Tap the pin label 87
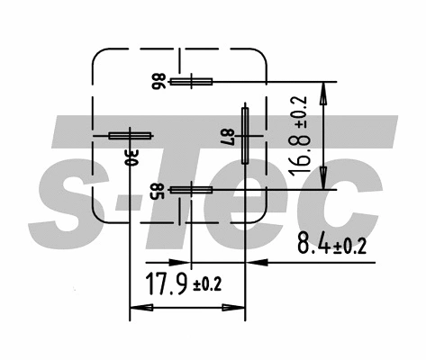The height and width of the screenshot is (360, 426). (x=228, y=137)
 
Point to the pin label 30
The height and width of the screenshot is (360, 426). (x=131, y=156)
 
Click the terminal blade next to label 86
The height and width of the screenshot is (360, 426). (x=190, y=82)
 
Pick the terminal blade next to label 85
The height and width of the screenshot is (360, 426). (x=189, y=190)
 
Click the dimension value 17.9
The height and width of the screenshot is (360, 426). (x=166, y=285)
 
